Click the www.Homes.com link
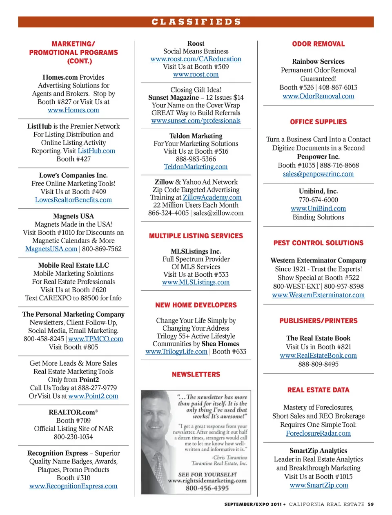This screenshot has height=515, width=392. click(x=73, y=110)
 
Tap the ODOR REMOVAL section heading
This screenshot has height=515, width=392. click(x=318, y=44)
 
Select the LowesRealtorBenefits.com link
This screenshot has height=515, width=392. click(x=73, y=200)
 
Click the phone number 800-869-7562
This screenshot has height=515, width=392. click(x=102, y=249)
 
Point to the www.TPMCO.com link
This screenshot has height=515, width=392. click(x=96, y=339)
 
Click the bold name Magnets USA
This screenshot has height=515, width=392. click(x=73, y=216)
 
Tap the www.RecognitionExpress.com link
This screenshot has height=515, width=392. click(x=73, y=486)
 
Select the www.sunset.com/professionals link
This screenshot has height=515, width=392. click(x=196, y=121)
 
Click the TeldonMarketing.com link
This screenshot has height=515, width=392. click(x=196, y=167)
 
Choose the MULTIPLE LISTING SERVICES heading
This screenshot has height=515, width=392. click(x=196, y=236)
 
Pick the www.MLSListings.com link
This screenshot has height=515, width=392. click(x=196, y=282)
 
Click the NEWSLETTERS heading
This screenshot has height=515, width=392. click(x=196, y=374)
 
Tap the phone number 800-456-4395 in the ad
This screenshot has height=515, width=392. click(x=207, y=488)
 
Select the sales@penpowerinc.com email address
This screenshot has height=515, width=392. click(x=318, y=174)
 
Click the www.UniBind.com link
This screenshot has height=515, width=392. click(x=318, y=208)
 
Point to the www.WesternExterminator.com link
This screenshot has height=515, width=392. click(x=318, y=295)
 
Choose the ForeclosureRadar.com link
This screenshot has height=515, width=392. click(x=318, y=433)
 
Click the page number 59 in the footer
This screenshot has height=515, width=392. click(x=370, y=504)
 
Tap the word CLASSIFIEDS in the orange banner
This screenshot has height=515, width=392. click(x=196, y=22)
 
